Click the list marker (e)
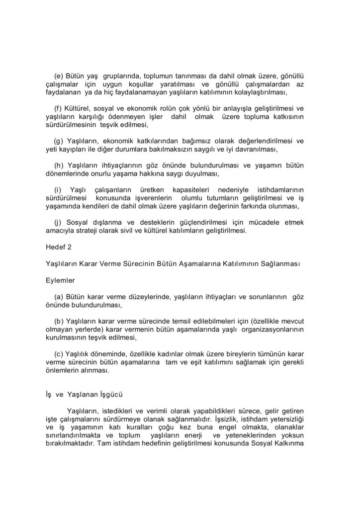(59, 76)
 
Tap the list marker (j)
(59, 222)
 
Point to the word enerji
(194, 435)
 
